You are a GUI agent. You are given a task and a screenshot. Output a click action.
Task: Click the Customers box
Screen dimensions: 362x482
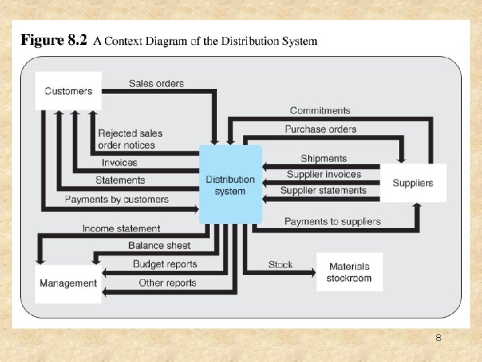68,91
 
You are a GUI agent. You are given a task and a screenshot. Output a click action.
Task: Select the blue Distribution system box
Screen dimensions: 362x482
230,185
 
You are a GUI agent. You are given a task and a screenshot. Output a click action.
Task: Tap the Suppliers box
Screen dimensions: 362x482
412,183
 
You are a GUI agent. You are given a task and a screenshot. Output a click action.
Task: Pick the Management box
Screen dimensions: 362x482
68,283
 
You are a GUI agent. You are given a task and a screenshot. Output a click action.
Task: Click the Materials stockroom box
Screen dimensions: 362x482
349,272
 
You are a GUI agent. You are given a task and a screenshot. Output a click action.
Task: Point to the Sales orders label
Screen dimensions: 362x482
156,83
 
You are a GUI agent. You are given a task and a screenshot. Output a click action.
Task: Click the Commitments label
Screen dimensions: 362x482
320,111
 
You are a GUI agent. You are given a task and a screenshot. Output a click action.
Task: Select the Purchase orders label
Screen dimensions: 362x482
320,129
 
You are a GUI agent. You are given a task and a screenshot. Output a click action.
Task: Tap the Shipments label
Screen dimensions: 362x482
323,158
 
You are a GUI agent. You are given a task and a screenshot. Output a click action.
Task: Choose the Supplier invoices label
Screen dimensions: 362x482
323,174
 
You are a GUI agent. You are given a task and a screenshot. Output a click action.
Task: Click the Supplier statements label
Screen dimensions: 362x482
323,190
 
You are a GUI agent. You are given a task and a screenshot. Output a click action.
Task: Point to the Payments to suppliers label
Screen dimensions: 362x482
332,221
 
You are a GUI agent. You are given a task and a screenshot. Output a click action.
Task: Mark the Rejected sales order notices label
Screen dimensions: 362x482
130,139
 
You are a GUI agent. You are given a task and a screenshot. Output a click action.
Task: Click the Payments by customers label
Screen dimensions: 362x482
116,199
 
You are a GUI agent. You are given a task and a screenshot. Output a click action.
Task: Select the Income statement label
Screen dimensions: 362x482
121,229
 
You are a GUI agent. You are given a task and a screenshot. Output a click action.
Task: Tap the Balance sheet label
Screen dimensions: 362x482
159,245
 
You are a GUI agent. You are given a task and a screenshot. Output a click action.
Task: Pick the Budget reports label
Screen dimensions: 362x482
165,264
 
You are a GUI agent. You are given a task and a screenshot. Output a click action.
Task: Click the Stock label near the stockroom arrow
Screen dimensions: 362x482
280,265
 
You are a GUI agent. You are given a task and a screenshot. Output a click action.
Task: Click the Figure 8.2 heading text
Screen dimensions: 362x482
169,41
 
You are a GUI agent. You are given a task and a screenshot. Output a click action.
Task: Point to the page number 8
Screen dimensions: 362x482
438,339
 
